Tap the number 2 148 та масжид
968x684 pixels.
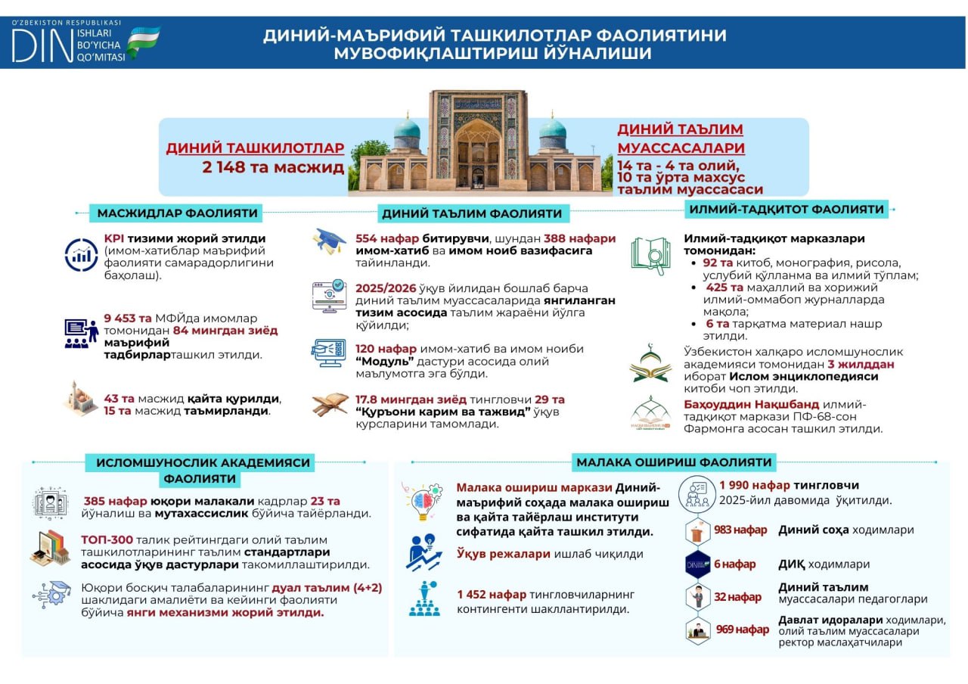273,167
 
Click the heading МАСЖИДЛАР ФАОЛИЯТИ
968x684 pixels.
177,213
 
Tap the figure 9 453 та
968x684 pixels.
128,319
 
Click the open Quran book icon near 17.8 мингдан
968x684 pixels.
330,405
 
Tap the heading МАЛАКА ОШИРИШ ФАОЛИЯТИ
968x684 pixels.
674,462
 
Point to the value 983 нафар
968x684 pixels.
740,530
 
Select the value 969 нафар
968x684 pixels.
742,630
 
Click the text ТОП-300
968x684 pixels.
107,539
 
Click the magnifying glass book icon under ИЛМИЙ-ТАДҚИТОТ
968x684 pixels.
650,256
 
